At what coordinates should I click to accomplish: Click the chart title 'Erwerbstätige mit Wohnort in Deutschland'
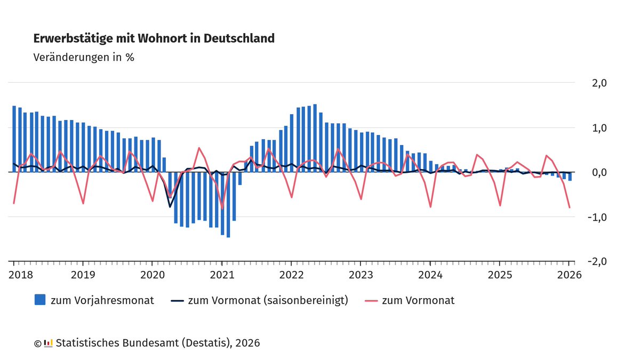click(154, 38)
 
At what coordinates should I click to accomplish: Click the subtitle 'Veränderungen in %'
click(84, 57)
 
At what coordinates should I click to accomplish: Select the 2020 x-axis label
click(152, 275)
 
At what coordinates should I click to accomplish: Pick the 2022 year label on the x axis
click(291, 275)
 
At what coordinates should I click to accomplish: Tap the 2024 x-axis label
click(430, 275)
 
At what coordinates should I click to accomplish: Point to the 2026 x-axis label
click(569, 275)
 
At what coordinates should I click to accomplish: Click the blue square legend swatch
click(39, 300)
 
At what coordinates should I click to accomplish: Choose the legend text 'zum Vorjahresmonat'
click(102, 300)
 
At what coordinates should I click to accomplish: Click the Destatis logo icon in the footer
click(48, 343)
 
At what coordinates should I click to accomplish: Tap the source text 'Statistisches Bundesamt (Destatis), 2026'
click(158, 343)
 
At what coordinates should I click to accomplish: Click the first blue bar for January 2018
click(14, 139)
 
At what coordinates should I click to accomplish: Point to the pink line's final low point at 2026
click(570, 207)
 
